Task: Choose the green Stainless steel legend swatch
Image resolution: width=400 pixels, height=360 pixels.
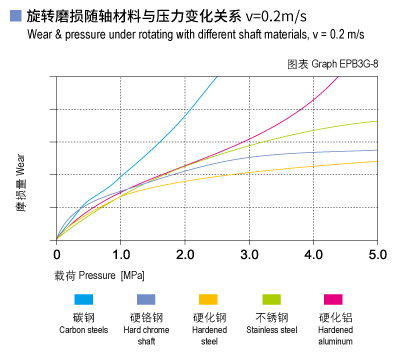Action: (270, 299)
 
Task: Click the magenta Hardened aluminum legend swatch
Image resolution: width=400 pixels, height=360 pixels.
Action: (333, 299)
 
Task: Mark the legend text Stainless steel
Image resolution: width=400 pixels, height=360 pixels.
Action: (271, 330)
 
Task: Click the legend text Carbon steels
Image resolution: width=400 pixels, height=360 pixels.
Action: (84, 330)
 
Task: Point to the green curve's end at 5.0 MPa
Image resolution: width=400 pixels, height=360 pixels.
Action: (376, 121)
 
